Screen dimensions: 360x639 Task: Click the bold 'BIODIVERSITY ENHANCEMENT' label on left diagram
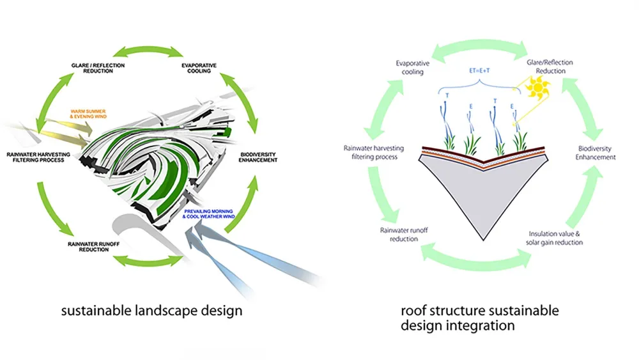point(258,157)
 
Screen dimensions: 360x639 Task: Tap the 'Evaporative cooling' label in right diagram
point(413,67)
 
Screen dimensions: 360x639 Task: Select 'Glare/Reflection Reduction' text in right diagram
point(550,67)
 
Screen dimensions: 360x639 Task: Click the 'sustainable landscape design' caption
point(151,311)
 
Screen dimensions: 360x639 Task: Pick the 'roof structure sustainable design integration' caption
point(479,318)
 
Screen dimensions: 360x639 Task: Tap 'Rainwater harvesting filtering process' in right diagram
point(373,152)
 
